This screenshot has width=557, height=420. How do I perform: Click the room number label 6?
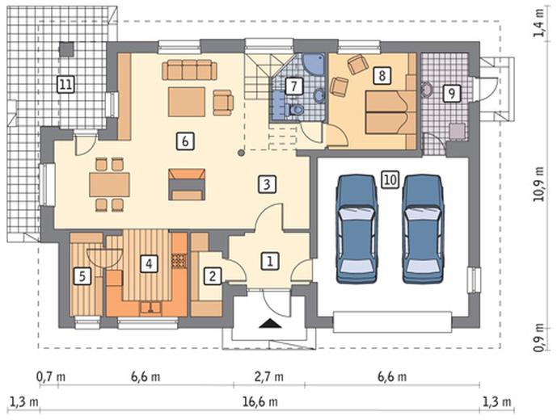[x=184, y=141]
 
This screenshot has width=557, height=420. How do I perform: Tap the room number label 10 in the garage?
[x=390, y=179]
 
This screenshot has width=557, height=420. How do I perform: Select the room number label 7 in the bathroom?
[x=293, y=86]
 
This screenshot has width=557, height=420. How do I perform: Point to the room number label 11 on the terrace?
[x=66, y=85]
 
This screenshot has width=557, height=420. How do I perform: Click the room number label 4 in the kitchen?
[x=149, y=264]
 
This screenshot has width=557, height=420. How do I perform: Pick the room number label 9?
[x=451, y=94]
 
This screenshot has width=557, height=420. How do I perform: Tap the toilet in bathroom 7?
[x=296, y=109]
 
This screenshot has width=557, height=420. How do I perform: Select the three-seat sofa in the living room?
[x=189, y=70]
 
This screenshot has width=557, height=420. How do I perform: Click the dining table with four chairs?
[x=109, y=184]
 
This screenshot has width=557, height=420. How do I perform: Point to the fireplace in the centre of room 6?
[x=187, y=184]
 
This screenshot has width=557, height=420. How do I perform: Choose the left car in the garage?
[x=357, y=229]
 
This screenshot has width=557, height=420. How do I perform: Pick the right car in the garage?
[x=423, y=229]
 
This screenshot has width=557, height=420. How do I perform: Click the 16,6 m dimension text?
[x=260, y=402]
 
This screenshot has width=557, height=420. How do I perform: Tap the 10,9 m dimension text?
[x=539, y=183]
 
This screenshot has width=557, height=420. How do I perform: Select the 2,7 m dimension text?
[x=269, y=376]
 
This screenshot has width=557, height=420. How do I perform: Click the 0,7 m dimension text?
[x=51, y=376]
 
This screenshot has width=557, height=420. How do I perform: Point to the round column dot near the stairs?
[x=241, y=153]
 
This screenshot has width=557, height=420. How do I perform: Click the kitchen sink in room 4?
[x=151, y=308]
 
